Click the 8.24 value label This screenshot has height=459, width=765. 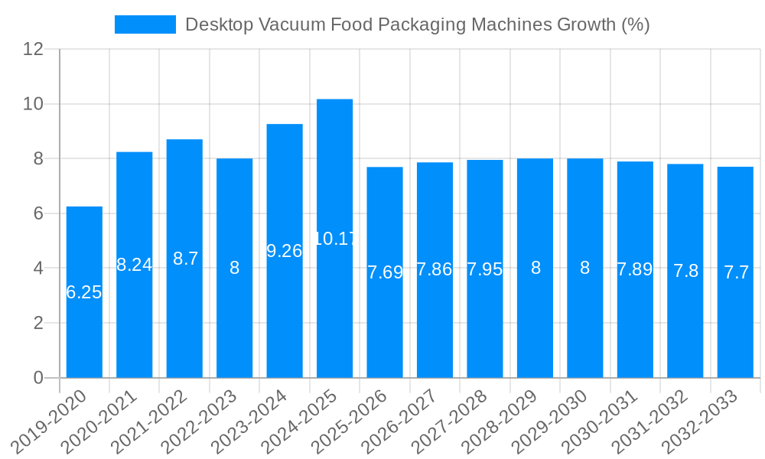point(135,265)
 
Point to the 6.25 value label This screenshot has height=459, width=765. point(84,292)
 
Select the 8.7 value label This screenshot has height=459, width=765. point(185,259)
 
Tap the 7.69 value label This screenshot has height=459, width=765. point(385,272)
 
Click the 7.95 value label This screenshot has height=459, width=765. point(485,269)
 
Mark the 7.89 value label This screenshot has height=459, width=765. point(635,269)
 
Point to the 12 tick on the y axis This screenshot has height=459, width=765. point(34,49)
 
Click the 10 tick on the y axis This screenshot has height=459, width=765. point(34,104)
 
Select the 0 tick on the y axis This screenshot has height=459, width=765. point(39,378)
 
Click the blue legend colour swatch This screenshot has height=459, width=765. point(145,24)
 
